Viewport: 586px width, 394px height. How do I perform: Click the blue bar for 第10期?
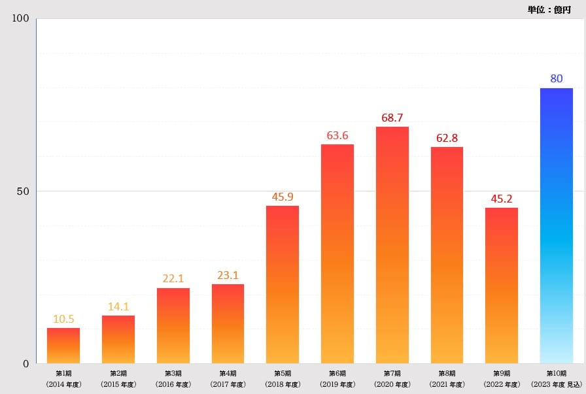pyautogui.click(x=556, y=225)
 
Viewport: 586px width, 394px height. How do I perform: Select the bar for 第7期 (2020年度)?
pyautogui.click(x=392, y=245)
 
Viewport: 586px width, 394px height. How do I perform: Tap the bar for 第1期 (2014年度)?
pyautogui.click(x=63, y=346)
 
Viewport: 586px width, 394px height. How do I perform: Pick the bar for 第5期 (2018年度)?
pyautogui.click(x=283, y=284)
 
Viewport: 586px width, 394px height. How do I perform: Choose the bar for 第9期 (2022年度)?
pyautogui.click(x=502, y=286)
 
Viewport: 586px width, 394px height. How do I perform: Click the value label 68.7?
pyautogui.click(x=392, y=118)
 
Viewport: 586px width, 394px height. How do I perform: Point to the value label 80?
pyautogui.click(x=557, y=79)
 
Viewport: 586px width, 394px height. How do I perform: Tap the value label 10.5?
pyautogui.click(x=63, y=320)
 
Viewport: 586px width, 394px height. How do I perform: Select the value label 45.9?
pyautogui.click(x=283, y=197)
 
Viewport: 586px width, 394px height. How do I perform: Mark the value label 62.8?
pyautogui.click(x=447, y=138)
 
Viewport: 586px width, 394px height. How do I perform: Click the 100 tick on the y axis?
pyautogui.click(x=21, y=18)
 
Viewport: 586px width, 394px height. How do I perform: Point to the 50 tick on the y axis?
pyautogui.click(x=23, y=191)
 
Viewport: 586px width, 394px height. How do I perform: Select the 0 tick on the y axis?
pyautogui.click(x=26, y=363)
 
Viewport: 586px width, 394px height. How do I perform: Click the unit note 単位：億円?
pyautogui.click(x=549, y=9)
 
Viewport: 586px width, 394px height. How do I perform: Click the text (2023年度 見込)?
pyautogui.click(x=556, y=384)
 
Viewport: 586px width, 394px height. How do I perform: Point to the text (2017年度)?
pyautogui.click(x=228, y=384)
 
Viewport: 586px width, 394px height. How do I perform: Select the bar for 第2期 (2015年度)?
pyautogui.click(x=118, y=340)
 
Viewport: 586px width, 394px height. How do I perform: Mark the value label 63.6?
pyautogui.click(x=337, y=136)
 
